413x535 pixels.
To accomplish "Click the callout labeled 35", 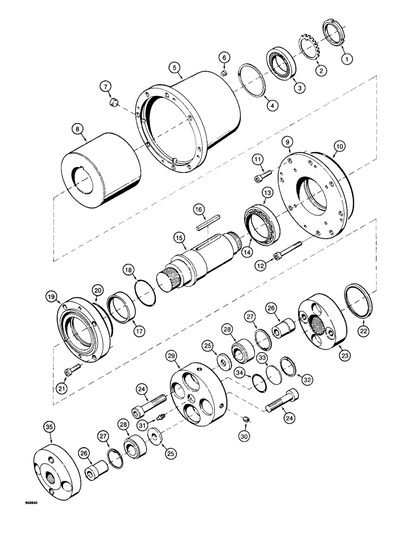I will tap(49, 427).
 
